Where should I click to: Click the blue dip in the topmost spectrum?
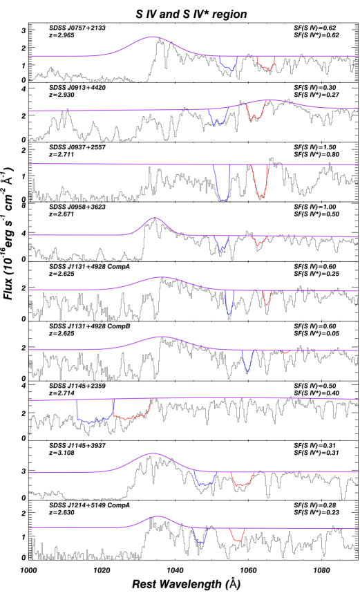[229, 66]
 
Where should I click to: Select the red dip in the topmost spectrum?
[265, 66]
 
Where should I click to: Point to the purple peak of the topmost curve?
[153, 37]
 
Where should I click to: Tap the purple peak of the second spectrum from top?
[269, 100]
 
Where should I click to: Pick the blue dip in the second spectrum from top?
[218, 119]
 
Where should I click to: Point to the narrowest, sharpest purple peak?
[154, 218]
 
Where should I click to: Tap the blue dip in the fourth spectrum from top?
[221, 247]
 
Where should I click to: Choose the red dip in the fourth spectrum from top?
[258, 243]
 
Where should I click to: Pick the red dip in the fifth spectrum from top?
[267, 302]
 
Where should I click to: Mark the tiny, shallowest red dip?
[285, 352]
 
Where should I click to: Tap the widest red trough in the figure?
[131, 417]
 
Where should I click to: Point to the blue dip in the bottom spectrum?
[200, 540]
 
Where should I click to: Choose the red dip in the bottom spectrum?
[237, 538]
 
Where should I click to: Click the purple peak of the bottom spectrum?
[158, 516]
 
